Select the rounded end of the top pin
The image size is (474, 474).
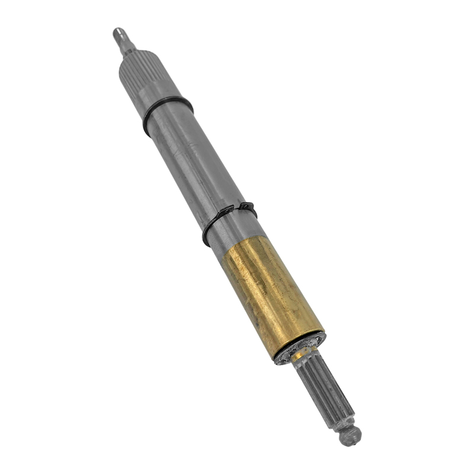[x=117, y=31]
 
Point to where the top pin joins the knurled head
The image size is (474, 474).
[x=128, y=52]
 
